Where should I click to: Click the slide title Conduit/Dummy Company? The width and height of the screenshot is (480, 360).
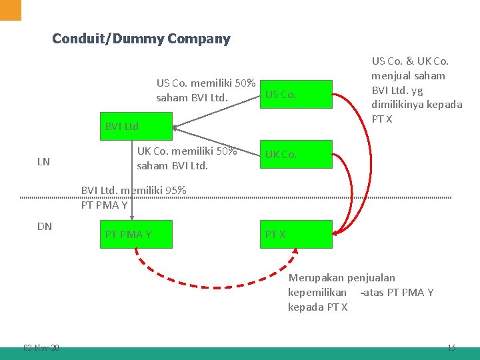point(141,39)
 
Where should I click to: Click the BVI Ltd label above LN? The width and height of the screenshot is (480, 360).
point(122,127)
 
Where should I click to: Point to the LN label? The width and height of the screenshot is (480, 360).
point(43,161)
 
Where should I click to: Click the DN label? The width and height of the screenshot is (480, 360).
point(45,226)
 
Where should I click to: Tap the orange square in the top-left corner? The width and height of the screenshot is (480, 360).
point(11,10)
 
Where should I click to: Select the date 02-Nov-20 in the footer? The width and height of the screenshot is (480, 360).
point(41,347)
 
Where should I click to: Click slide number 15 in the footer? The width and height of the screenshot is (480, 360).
point(451,347)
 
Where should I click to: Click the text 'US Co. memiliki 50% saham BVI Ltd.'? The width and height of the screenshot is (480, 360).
point(206,91)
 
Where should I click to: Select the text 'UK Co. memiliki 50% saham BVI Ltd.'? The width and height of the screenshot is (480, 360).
point(187,158)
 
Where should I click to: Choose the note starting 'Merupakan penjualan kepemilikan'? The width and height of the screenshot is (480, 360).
point(361,292)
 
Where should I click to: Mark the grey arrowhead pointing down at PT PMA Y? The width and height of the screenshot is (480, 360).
point(131,216)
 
